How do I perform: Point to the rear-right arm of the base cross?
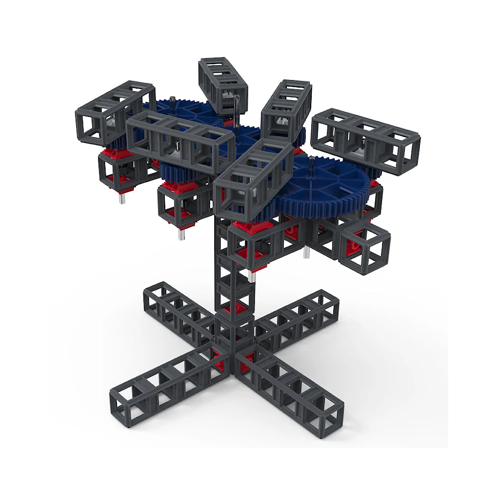click(299, 314)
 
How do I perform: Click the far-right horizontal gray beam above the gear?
click(366, 137)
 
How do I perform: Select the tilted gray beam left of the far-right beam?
click(285, 107)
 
